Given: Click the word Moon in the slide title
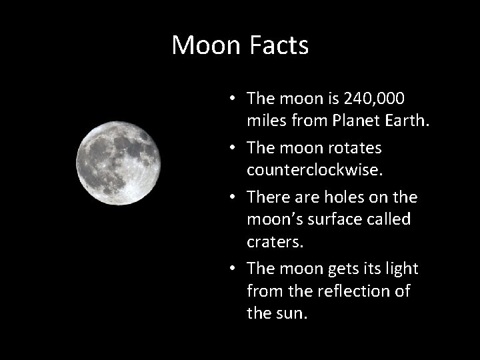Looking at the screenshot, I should click(205, 45).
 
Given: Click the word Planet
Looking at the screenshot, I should click(345, 121).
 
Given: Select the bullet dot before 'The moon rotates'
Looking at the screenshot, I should click(229, 147).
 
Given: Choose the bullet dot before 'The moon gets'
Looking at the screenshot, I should click(229, 268).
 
